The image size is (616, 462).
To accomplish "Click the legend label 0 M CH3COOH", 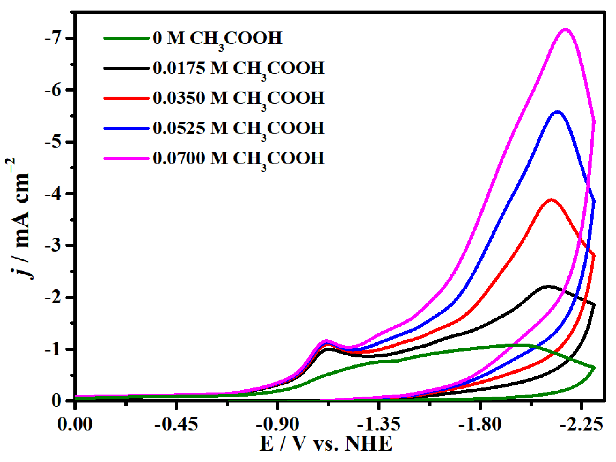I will (217, 38).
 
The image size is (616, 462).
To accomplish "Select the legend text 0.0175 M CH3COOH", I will (239, 68).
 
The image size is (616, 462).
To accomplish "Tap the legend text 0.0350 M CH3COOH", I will (239, 98).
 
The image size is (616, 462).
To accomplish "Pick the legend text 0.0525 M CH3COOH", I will (239, 128).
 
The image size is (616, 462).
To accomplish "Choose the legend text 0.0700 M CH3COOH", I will (239, 158).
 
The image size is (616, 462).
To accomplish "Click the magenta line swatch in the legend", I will (127, 158).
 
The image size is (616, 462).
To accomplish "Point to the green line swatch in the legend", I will (127, 38).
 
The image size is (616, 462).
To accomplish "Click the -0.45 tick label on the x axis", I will (176, 425).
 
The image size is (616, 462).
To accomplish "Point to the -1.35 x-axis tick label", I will (379, 425).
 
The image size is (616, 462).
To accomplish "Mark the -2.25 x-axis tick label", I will (581, 425).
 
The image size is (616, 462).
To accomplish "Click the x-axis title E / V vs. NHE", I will (326, 444).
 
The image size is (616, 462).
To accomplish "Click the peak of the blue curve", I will (558, 112).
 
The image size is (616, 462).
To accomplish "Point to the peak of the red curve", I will (551, 200).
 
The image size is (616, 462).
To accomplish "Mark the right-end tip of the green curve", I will (594, 368).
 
